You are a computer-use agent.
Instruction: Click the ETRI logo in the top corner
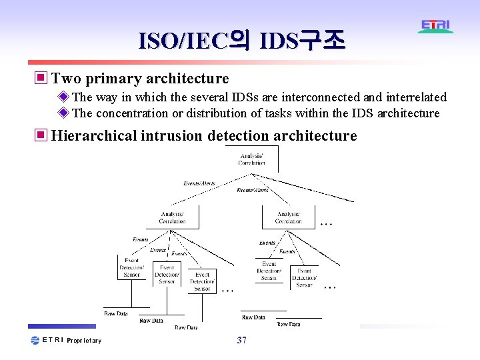point(436,26)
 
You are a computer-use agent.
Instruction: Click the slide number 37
point(241,341)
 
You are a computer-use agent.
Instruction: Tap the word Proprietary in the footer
point(84,341)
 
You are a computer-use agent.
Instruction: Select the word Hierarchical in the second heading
point(94,136)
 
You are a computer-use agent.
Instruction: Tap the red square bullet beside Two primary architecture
point(41,79)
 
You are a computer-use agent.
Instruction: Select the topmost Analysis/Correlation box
point(251,159)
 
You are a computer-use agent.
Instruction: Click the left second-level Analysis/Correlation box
point(173,217)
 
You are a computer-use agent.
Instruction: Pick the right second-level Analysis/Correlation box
point(288,217)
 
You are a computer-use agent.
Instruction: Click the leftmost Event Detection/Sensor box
point(131,267)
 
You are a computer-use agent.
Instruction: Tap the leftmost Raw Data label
point(115,313)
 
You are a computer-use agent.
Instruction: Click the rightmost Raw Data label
point(289,324)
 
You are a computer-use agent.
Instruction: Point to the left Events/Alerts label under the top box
point(199,183)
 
